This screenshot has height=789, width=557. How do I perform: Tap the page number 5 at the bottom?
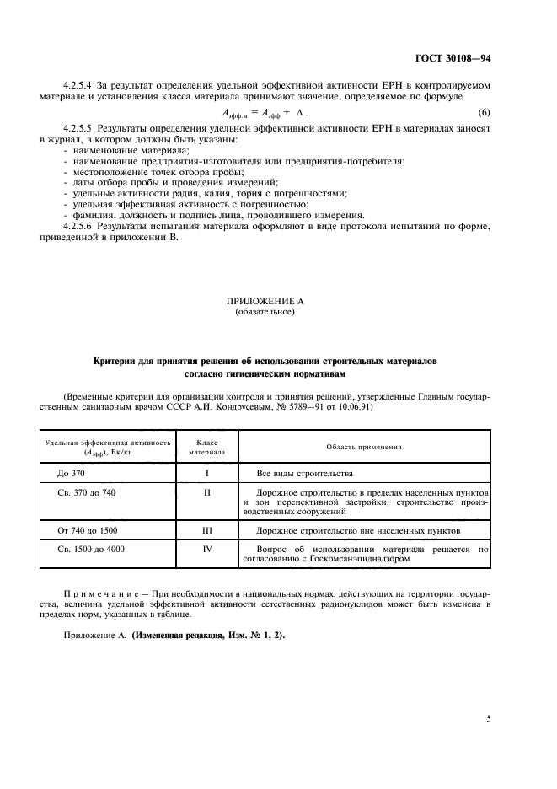point(490,718)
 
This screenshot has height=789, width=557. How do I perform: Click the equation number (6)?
point(483,113)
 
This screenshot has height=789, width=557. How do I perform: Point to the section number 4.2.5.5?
point(80,127)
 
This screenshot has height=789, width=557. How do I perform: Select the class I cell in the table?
point(206,474)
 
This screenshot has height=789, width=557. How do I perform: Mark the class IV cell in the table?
point(206,550)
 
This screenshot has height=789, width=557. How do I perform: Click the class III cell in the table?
point(206,531)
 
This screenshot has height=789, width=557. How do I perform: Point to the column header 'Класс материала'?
point(206,447)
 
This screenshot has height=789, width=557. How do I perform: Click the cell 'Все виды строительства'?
point(304,474)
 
